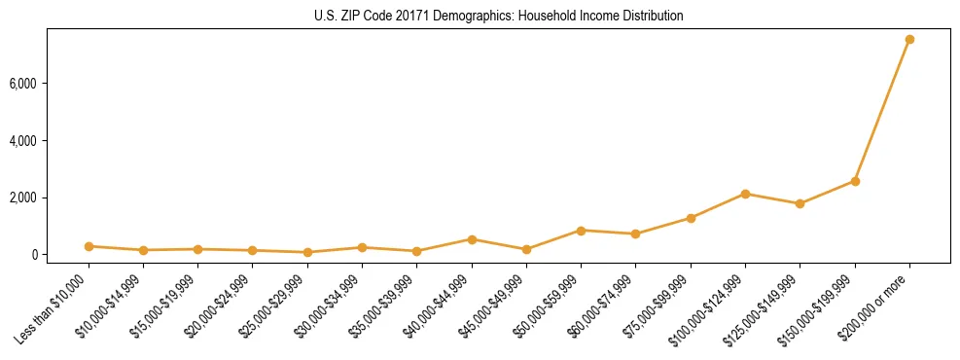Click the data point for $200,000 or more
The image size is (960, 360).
[909, 39]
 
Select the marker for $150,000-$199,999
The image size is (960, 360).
[855, 181]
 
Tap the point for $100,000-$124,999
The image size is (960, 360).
[745, 194]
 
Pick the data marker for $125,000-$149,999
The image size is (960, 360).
[800, 203]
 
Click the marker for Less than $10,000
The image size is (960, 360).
[89, 246]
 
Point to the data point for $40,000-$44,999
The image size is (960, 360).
[472, 239]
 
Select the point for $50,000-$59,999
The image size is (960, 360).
[581, 231]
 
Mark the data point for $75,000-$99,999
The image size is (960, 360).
[691, 218]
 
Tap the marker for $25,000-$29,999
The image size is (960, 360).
[307, 252]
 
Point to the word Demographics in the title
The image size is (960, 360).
[463, 17]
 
